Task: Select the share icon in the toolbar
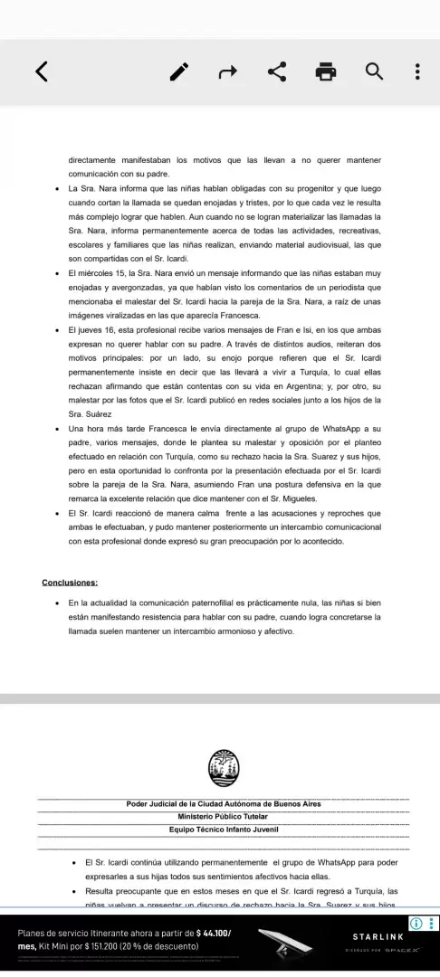(276, 71)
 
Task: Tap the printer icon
(324, 71)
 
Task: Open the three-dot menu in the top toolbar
(416, 71)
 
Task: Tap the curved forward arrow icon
(228, 71)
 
